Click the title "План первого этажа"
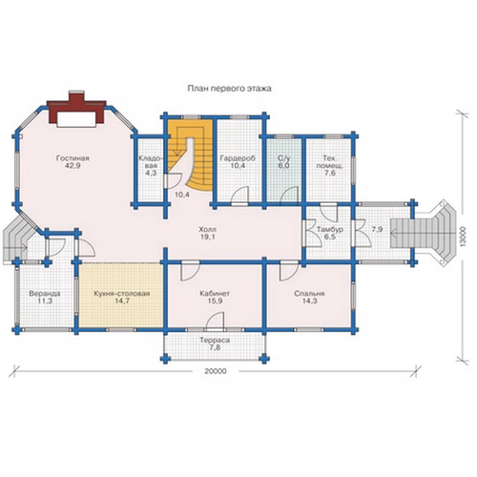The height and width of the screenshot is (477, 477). (229, 89)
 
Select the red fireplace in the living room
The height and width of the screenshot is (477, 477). (76, 109)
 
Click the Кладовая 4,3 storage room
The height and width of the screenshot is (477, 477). (150, 170)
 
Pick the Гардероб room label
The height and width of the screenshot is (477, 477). (238, 158)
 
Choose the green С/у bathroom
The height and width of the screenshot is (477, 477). (283, 170)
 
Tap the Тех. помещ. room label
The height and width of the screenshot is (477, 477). (330, 162)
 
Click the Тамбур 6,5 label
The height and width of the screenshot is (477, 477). (330, 233)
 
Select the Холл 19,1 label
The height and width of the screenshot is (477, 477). (207, 233)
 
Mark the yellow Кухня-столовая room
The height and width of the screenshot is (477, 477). (121, 295)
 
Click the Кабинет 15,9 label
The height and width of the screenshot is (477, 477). (215, 297)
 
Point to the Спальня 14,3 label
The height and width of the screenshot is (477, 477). (309, 297)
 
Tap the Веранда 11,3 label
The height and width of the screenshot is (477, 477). (45, 297)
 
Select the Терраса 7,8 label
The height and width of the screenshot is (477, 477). (215, 343)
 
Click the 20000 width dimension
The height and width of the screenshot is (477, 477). (216, 371)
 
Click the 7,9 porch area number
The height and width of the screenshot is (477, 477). (377, 229)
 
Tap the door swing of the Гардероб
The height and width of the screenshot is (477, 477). (241, 194)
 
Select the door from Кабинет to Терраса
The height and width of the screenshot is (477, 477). (216, 321)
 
